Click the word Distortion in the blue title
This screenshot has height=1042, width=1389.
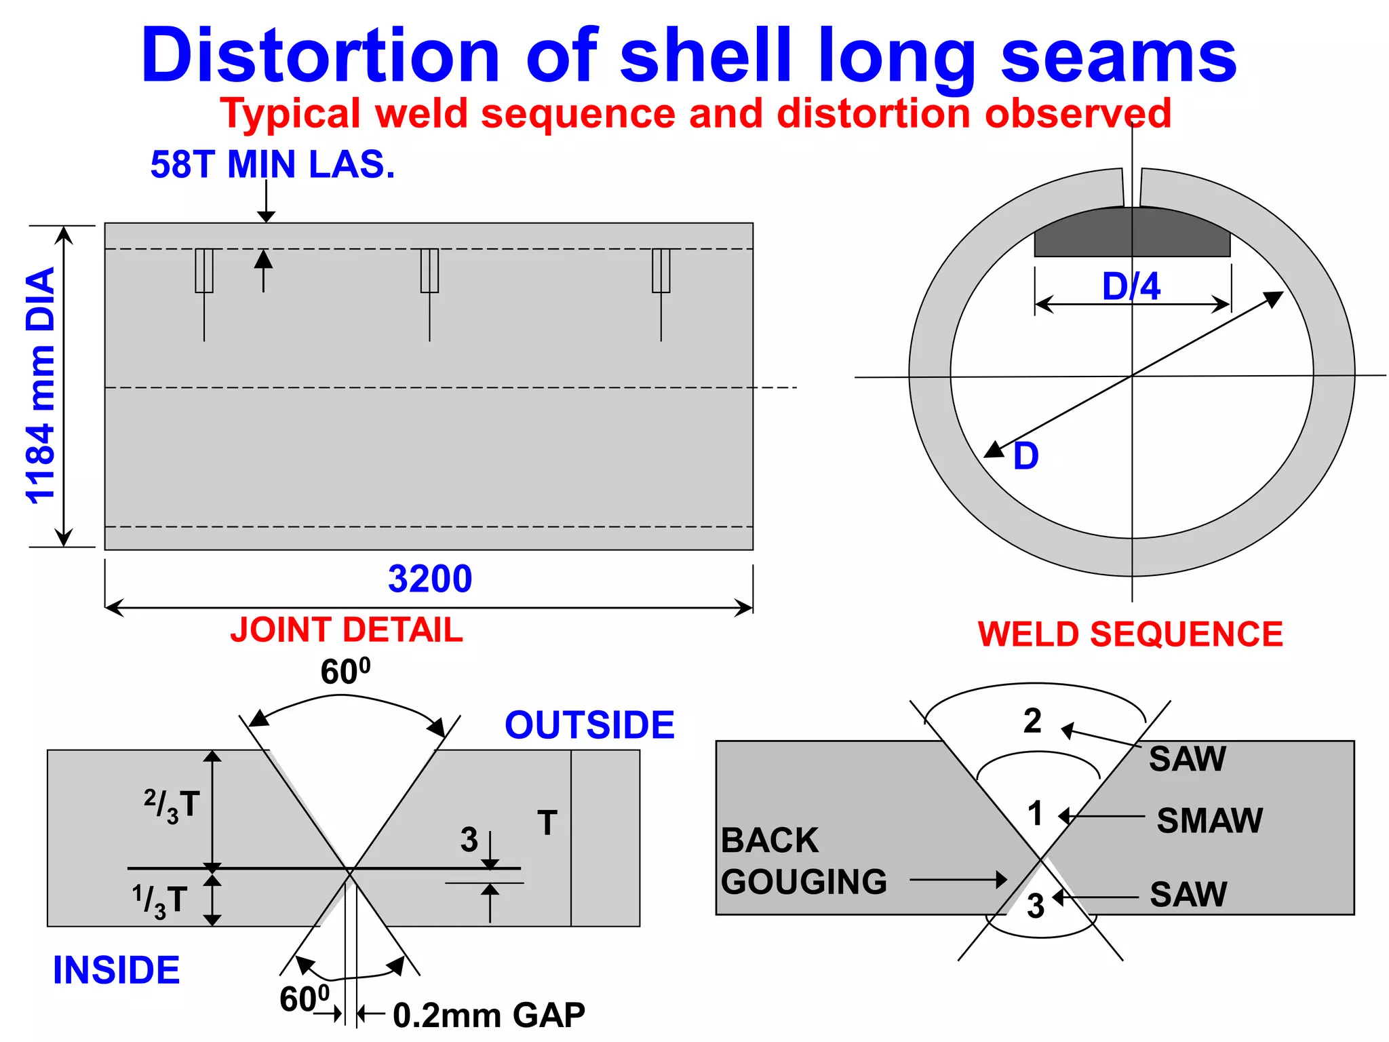(320, 56)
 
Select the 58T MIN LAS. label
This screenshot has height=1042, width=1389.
(272, 165)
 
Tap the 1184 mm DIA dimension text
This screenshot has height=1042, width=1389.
(41, 386)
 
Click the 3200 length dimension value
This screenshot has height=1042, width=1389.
(430, 579)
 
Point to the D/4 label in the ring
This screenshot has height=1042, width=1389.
(1131, 286)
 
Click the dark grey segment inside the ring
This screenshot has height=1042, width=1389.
(1085, 237)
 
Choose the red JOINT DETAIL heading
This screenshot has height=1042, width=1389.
(347, 630)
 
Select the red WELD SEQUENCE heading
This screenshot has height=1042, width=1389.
(1130, 635)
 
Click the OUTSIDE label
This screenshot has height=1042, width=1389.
(589, 725)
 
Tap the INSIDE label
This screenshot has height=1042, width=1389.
(117, 970)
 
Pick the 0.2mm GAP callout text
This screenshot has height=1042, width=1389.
(488, 1016)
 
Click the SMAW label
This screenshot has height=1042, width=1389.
(1209, 820)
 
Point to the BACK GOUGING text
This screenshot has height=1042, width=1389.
(804, 861)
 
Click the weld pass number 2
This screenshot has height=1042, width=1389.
(1032, 720)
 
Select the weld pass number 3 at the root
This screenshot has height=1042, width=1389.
(1035, 906)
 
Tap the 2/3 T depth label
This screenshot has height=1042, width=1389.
(172, 805)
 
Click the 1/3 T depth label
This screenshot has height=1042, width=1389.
(160, 901)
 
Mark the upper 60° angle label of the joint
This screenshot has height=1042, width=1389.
(345, 672)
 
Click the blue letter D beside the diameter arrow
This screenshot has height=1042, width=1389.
(1025, 456)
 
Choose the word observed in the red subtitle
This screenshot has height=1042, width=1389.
(1078, 113)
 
